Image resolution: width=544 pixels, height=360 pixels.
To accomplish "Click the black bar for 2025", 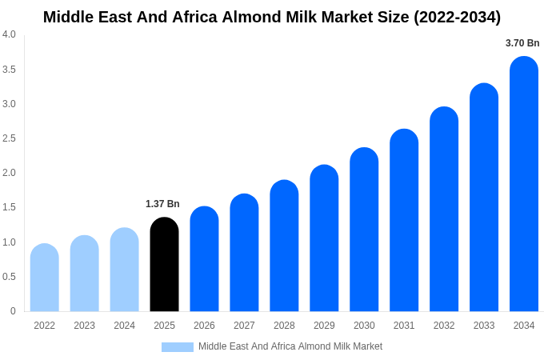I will pos(164,265).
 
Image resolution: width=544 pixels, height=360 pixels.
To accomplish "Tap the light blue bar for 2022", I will pos(44,278).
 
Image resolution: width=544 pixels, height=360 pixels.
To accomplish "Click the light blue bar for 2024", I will pos(124,270).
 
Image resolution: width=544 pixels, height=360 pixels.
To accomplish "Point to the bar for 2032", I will pos(444,210).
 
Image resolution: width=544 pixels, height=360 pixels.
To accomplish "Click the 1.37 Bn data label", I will pos(162,204).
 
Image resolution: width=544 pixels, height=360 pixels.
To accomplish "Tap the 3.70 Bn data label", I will pos(522,43).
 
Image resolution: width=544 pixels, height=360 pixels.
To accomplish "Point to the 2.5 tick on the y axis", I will pos(9,138).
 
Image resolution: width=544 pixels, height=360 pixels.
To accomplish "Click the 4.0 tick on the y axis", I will pos(9,34).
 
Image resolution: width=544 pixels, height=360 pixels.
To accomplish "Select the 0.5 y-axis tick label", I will pos(9,277).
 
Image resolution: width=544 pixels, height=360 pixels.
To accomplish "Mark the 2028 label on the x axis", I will pos(284,326).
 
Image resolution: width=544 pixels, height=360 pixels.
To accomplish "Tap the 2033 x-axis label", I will pos(484,326).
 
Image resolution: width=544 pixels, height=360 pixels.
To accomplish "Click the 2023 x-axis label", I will pos(84,326).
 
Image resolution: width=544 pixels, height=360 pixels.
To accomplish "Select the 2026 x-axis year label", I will pos(204,326).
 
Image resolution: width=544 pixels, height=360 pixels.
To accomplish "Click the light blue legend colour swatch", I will pos(177,347).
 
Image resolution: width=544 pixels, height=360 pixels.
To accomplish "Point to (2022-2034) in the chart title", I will pos(457,17).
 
